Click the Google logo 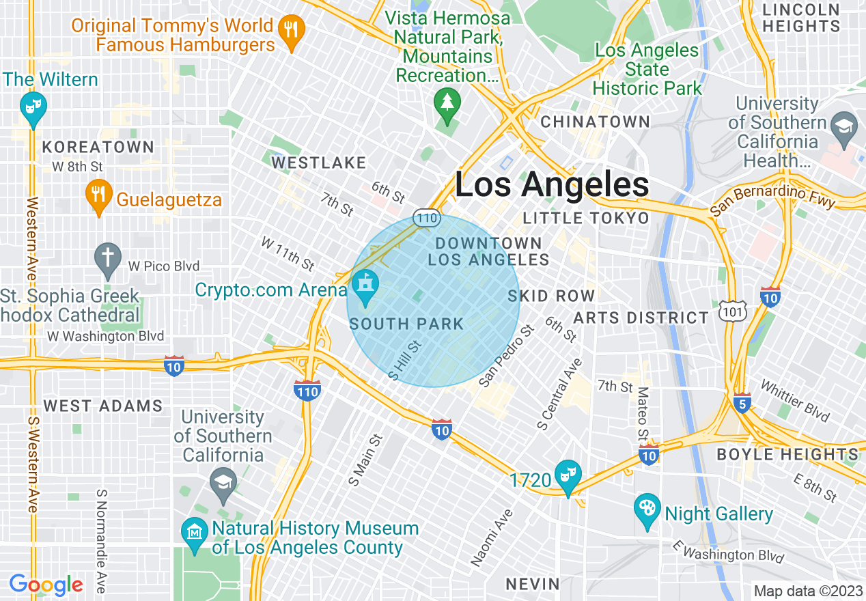(x=46, y=585)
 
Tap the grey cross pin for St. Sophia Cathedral (x=108, y=260)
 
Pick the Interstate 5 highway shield (x=742, y=403)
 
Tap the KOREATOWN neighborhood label (x=98, y=147)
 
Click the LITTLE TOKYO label (x=585, y=218)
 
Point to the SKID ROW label (x=551, y=296)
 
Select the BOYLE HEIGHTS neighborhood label (x=787, y=454)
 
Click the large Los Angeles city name (x=552, y=184)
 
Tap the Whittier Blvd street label (x=794, y=401)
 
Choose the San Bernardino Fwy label (x=772, y=199)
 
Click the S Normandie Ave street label (x=101, y=540)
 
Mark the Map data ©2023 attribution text (x=807, y=590)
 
